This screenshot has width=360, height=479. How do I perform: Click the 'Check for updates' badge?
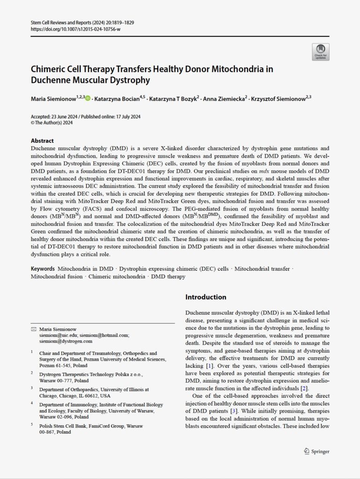321,52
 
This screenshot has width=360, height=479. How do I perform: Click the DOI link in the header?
75,29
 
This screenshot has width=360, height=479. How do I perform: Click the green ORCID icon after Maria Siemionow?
88,98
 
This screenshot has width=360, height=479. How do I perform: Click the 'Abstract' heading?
42,140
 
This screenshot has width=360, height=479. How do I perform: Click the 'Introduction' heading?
206,297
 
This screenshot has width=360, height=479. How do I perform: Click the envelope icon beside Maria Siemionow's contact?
33,329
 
